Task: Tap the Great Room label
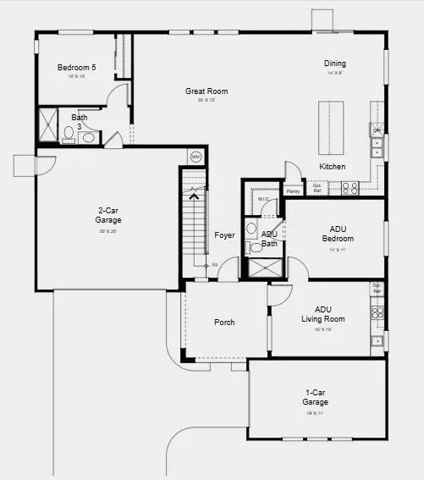click(x=206, y=91)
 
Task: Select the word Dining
click(x=335, y=63)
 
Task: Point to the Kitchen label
click(x=332, y=167)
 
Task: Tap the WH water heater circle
click(x=195, y=157)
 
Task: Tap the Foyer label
click(x=224, y=235)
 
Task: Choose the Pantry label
click(x=293, y=191)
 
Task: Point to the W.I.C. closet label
click(x=263, y=201)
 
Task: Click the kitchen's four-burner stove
click(x=350, y=188)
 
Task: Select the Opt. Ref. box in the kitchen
click(x=317, y=189)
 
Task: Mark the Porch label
click(x=224, y=323)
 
